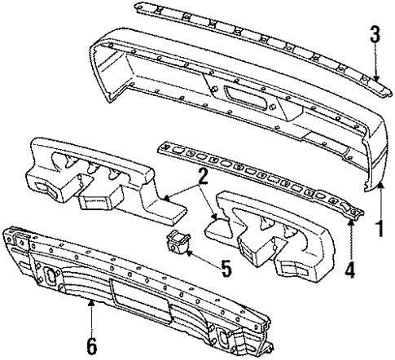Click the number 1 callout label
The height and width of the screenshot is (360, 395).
(376, 224)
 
